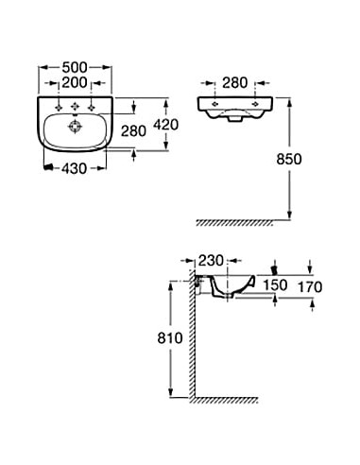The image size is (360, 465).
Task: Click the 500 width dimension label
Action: [75, 67]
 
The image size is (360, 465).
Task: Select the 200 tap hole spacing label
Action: [75, 82]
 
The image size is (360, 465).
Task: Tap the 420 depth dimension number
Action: [165, 125]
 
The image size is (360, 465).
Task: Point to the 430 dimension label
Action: [74, 168]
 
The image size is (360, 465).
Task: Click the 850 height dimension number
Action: [289, 159]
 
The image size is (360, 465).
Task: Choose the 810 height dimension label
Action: [170, 338]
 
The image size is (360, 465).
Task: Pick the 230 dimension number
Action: [211, 261]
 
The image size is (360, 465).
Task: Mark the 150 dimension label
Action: [275, 285]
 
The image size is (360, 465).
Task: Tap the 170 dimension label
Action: [310, 286]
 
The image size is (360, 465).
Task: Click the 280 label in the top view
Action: [133, 131]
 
